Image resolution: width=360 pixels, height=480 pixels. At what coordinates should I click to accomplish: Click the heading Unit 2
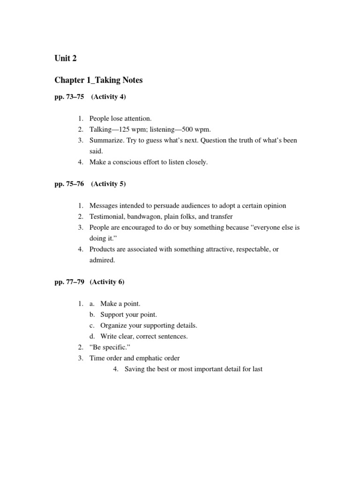click(x=65, y=58)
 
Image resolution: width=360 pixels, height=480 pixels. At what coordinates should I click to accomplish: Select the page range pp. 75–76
click(x=69, y=184)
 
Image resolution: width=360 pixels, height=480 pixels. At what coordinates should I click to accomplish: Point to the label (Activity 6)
click(x=108, y=282)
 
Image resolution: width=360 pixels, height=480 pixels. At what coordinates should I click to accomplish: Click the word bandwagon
click(x=144, y=217)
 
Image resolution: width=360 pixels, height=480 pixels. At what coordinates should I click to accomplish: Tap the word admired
click(x=102, y=260)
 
